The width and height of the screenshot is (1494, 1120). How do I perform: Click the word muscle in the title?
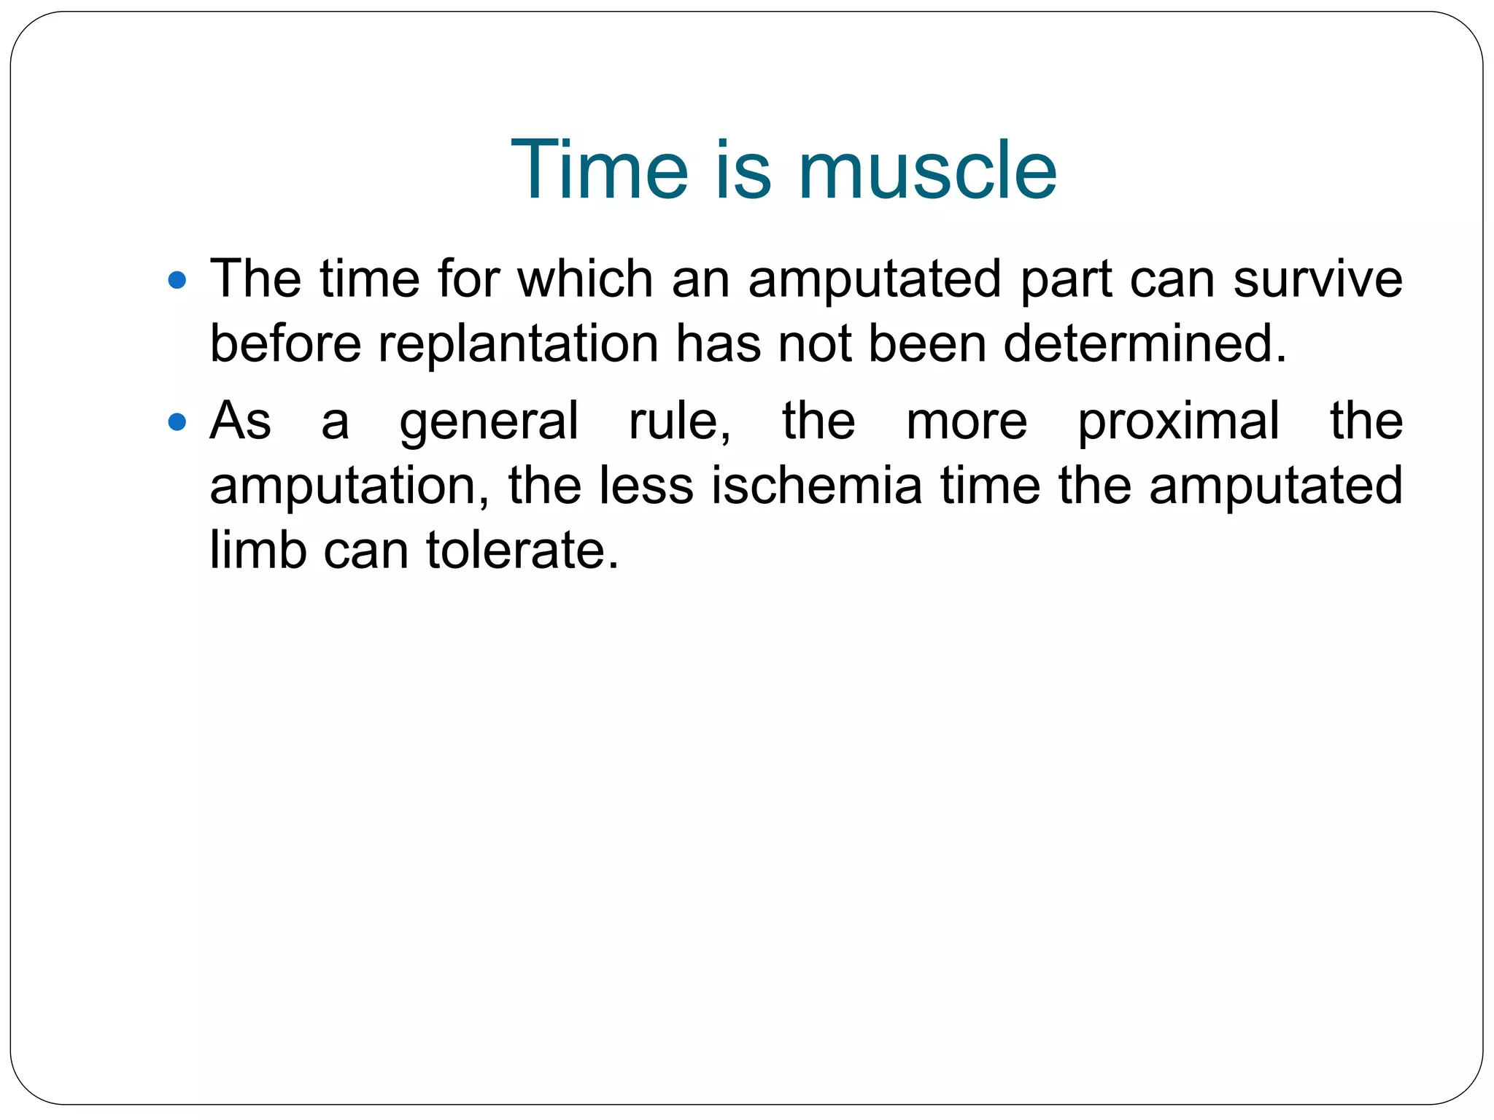click(x=927, y=171)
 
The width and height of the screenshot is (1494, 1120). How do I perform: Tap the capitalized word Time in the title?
click(x=599, y=171)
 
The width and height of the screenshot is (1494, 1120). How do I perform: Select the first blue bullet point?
click(x=177, y=280)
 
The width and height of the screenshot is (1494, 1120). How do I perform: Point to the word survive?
click(x=1317, y=279)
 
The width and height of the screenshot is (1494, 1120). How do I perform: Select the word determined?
click(x=1145, y=344)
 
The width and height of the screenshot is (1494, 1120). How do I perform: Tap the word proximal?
click(x=1178, y=421)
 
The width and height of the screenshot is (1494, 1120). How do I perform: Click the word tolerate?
click(x=522, y=550)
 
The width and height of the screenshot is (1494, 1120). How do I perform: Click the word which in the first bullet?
click(x=585, y=279)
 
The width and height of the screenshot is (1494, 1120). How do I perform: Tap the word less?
click(x=646, y=486)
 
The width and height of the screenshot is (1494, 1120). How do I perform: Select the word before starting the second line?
click(x=285, y=344)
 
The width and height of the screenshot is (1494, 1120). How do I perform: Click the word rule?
click(x=678, y=421)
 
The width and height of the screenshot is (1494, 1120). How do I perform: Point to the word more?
click(x=966, y=421)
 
